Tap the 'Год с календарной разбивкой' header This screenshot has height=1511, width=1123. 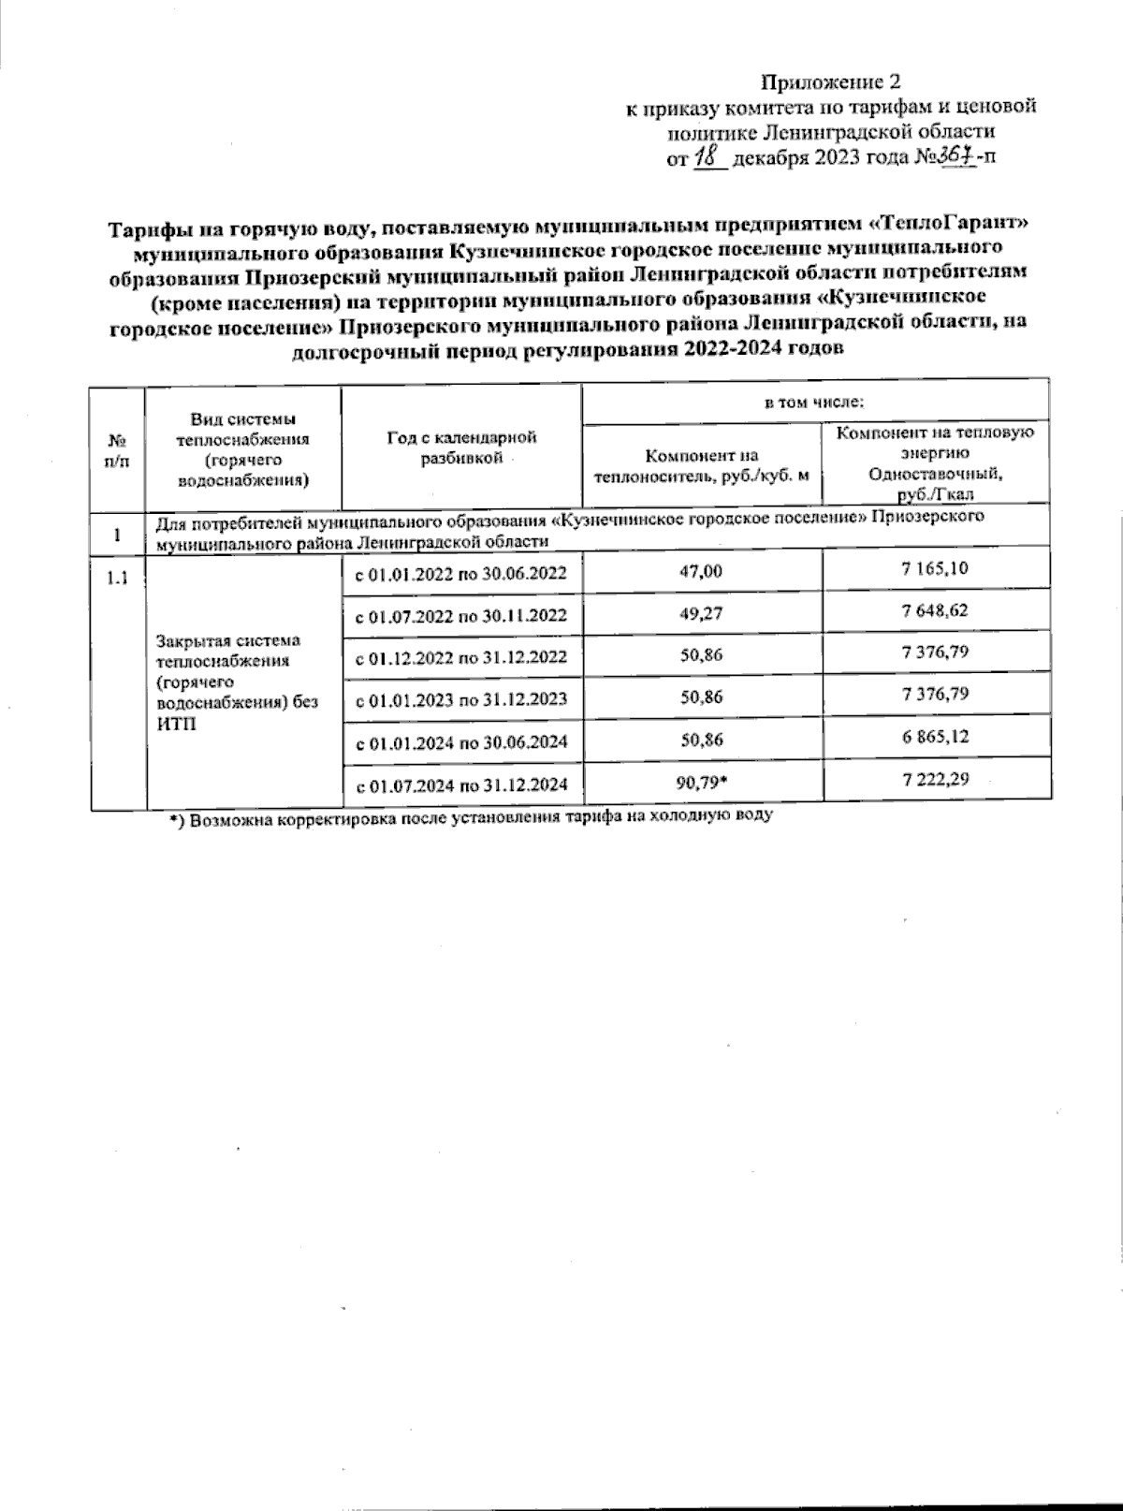[462, 447]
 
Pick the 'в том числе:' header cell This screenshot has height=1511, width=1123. [814, 403]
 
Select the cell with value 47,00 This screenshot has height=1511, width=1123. [703, 570]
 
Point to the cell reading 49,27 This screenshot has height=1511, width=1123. [703, 613]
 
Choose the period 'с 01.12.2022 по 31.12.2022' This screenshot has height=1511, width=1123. [462, 656]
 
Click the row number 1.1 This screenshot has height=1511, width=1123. [118, 578]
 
